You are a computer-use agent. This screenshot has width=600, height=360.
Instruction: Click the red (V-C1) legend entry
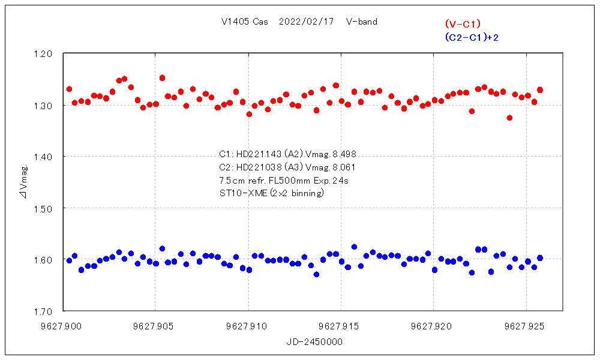coord(463,24)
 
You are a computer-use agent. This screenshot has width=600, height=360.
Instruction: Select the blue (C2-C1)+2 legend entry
coord(472,37)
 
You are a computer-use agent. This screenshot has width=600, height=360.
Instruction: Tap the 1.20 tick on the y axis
coord(45,53)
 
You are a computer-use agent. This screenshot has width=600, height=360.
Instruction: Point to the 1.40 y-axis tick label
coord(45,157)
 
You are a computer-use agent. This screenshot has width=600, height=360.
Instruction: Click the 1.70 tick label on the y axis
coord(45,311)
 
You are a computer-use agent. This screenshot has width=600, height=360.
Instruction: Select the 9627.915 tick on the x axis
coord(341,327)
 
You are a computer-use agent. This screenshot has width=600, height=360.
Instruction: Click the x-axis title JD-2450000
coord(315,341)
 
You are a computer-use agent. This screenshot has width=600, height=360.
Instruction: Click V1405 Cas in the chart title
coord(244,22)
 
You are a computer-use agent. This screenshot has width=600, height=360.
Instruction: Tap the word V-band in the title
coord(361,22)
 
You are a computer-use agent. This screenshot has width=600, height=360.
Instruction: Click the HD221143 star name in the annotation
coord(257,154)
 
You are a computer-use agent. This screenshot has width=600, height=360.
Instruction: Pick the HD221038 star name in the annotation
coord(257,167)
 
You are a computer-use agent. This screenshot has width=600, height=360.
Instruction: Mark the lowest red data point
coord(509,118)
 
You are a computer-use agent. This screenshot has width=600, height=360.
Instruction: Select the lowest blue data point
coord(316,274)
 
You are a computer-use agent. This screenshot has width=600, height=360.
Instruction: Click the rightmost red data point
coord(540,90)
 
